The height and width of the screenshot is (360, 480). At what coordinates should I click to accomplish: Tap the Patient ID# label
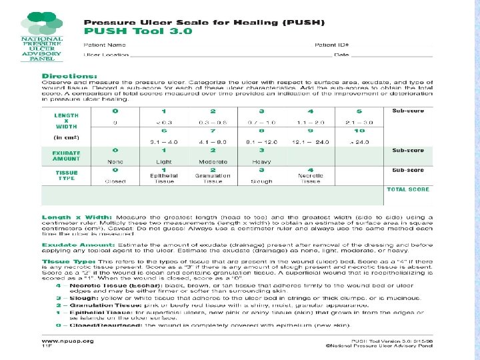[x=331, y=45]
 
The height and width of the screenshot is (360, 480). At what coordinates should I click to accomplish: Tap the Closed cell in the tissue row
[x=115, y=180]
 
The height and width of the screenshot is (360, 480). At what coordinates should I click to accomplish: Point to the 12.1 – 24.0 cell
[x=311, y=142]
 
